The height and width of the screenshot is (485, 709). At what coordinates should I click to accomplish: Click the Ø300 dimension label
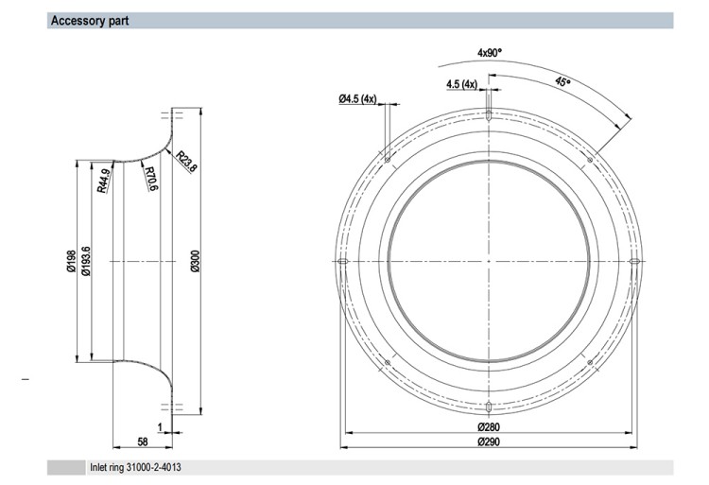tap(196, 261)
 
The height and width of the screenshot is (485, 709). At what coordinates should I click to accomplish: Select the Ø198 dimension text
tap(71, 261)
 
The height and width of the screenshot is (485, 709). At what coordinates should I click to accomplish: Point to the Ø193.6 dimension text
tap(85, 261)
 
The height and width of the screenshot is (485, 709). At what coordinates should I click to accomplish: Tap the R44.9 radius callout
tap(104, 181)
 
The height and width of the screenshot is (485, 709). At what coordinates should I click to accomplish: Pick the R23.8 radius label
tap(186, 162)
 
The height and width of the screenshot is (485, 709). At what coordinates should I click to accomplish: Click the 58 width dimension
tap(143, 442)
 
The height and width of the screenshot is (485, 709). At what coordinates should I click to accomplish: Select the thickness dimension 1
tap(160, 427)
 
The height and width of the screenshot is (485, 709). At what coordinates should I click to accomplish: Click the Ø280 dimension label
tap(489, 426)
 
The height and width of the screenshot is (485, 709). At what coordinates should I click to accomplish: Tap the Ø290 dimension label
tap(489, 442)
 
